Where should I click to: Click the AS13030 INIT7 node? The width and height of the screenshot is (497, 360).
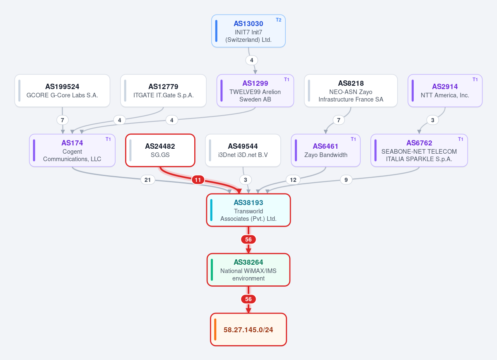click(x=248, y=31)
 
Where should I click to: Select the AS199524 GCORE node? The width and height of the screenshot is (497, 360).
click(x=63, y=91)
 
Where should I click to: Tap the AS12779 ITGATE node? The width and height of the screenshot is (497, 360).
click(x=163, y=91)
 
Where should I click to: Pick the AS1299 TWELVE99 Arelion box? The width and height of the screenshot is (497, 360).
click(x=255, y=91)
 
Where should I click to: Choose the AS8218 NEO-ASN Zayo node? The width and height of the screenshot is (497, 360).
click(x=351, y=91)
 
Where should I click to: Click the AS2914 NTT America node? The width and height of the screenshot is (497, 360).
click(x=445, y=91)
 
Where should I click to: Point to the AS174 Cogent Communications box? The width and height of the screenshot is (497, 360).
click(x=72, y=150)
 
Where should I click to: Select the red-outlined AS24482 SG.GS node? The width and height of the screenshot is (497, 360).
click(x=160, y=150)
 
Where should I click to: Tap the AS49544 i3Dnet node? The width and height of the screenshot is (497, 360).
click(x=243, y=150)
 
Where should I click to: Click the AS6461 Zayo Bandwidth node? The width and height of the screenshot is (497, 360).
click(x=326, y=150)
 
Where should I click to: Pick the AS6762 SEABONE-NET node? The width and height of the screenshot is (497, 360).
click(x=419, y=150)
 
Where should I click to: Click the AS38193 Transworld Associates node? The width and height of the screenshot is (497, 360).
click(x=248, y=210)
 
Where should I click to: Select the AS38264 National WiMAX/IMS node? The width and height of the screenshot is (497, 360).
click(x=248, y=270)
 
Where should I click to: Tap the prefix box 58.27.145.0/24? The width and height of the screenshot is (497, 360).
click(x=248, y=329)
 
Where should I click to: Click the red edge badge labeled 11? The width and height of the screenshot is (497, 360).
click(x=198, y=180)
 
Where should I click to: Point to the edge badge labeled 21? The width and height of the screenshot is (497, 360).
click(x=147, y=180)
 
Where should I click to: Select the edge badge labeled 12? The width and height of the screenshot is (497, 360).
click(x=293, y=180)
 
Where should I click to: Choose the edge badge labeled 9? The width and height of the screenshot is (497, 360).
click(x=346, y=180)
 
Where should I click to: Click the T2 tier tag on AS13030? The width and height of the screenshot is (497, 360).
click(x=278, y=20)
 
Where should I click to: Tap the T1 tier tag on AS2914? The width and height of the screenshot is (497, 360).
click(x=475, y=80)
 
